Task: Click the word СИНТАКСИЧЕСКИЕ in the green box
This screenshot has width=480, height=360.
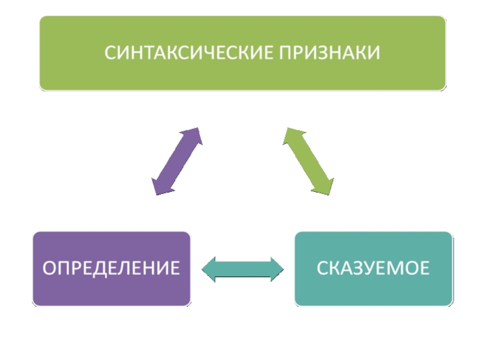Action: [x=189, y=52]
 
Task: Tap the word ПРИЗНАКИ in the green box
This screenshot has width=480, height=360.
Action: [x=329, y=52]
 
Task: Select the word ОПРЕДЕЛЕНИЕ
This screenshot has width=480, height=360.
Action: [x=111, y=268]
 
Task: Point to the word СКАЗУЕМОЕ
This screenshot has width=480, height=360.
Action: [x=373, y=268]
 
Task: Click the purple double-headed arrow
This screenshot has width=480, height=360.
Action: [x=177, y=161]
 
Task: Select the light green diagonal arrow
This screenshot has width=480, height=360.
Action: [x=308, y=161]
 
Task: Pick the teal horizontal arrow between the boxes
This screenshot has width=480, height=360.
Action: [x=242, y=269]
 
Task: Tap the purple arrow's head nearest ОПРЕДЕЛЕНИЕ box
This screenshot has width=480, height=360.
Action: [x=161, y=185]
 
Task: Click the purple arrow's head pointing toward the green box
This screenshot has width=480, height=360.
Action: [x=192, y=137]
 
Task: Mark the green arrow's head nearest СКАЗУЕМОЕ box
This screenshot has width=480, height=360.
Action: [x=324, y=185]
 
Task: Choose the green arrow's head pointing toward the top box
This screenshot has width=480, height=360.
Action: [x=293, y=137]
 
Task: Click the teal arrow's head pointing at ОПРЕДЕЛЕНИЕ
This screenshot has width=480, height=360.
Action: [x=208, y=269]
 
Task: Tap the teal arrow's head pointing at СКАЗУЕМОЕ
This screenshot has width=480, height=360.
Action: [x=277, y=269]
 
